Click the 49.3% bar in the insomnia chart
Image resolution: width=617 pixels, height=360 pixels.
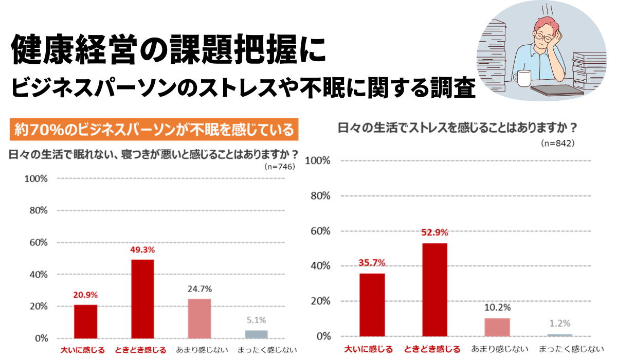tap(142, 299)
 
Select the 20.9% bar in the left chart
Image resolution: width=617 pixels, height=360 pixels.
tap(85, 321)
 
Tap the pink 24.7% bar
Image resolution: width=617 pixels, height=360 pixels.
tap(199, 318)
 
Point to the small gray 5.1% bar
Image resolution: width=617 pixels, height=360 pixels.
tap(256, 334)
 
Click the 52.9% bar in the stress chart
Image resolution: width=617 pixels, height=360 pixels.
tap(434, 290)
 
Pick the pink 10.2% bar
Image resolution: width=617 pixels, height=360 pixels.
tap(497, 327)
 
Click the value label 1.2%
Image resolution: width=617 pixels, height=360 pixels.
tap(560, 323)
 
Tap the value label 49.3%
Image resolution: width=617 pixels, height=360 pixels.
tap(142, 250)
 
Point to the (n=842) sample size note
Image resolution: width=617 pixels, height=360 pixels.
tap(557, 143)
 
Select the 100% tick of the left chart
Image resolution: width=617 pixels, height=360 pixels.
tap(36, 179)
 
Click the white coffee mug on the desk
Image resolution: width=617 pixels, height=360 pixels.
tap(524, 79)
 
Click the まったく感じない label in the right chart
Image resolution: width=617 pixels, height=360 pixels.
tap(571, 349)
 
